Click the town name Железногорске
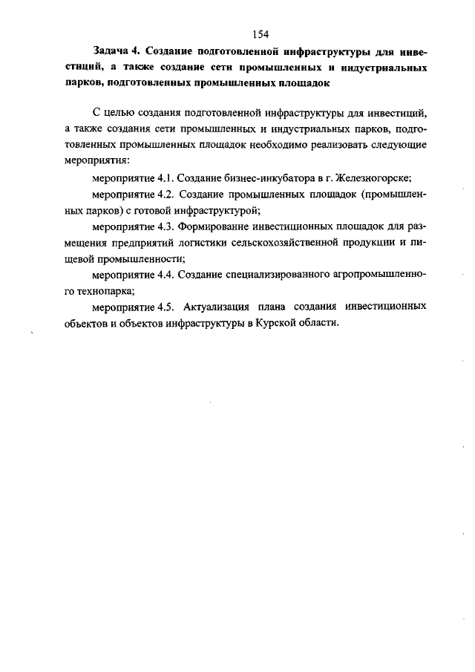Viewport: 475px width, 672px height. pyautogui.click(x=373, y=179)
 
